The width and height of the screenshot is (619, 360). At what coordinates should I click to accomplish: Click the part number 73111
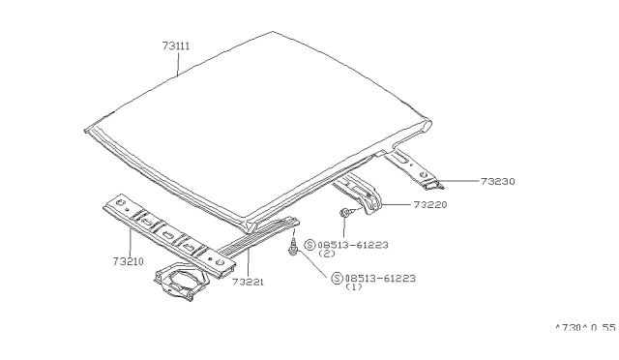[x=176, y=45]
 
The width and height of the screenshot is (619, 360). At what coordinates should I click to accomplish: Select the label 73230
[x=498, y=181]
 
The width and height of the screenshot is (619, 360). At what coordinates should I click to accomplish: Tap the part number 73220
[x=430, y=204]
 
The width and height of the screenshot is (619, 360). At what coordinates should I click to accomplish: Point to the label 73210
[x=129, y=261]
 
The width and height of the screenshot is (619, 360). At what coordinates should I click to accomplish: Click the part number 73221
[x=248, y=282]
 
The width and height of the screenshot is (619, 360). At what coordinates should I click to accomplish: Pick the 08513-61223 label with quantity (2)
[x=353, y=245]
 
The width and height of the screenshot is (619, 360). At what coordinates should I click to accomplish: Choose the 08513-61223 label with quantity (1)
[x=380, y=278]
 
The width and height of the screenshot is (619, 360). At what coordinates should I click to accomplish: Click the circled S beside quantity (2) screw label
[x=309, y=245]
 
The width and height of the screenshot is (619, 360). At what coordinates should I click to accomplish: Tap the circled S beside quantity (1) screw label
[x=337, y=278]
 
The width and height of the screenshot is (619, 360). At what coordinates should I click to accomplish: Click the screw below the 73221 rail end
[x=293, y=247]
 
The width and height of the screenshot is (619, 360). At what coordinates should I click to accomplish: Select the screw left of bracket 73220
[x=344, y=213]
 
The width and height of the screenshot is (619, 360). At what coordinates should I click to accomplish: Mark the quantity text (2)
[x=327, y=254]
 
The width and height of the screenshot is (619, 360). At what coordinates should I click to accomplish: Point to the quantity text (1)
[x=354, y=287]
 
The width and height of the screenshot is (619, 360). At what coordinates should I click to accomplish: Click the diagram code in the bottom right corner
[x=585, y=328]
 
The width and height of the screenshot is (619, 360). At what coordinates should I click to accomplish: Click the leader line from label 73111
[x=178, y=64]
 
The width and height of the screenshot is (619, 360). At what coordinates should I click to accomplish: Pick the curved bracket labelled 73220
[x=359, y=193]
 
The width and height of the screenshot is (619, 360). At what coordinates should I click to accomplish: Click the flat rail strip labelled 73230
[x=413, y=169]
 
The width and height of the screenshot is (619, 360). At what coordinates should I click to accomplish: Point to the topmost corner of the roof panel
[x=273, y=32]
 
